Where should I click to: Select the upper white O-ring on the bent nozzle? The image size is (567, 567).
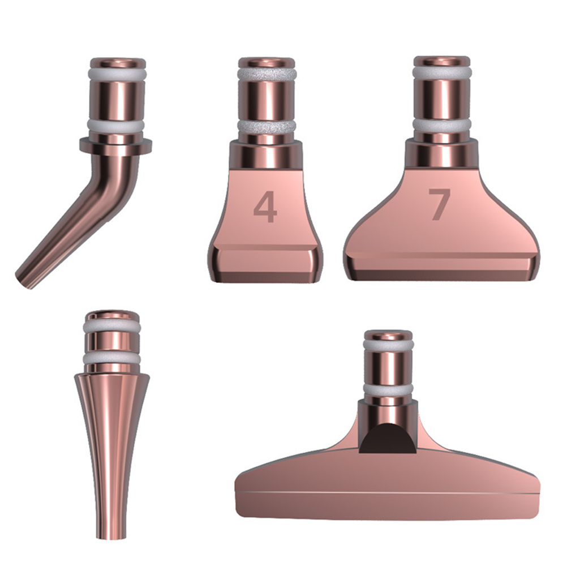tap(118, 75)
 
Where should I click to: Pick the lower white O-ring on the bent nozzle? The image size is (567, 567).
tap(115, 126)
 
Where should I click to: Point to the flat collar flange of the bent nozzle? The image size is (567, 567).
tap(115, 146)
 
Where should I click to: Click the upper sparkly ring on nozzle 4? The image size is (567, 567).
tap(267, 74)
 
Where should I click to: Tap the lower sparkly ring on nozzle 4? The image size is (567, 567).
tap(267, 126)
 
